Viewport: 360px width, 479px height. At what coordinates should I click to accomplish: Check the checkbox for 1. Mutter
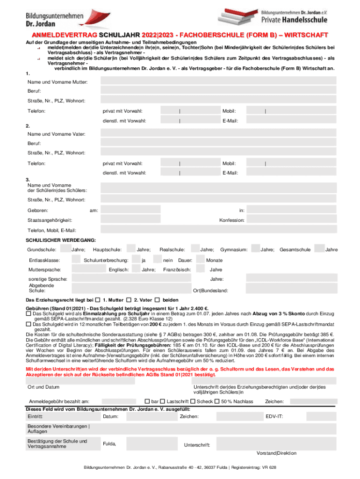tap(98, 299)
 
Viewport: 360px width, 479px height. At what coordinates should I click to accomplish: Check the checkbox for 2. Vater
tap(129, 299)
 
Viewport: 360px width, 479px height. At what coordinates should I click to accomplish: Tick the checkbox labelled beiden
tap(157, 299)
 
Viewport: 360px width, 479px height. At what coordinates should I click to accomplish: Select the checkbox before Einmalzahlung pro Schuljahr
tap(29, 313)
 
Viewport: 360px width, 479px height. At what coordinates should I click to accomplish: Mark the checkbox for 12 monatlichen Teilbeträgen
tap(29, 324)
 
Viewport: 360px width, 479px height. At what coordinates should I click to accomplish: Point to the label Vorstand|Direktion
tap(276, 453)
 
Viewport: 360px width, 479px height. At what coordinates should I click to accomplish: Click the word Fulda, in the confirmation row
tap(109, 443)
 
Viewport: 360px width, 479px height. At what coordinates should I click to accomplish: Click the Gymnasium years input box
tap(255, 250)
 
